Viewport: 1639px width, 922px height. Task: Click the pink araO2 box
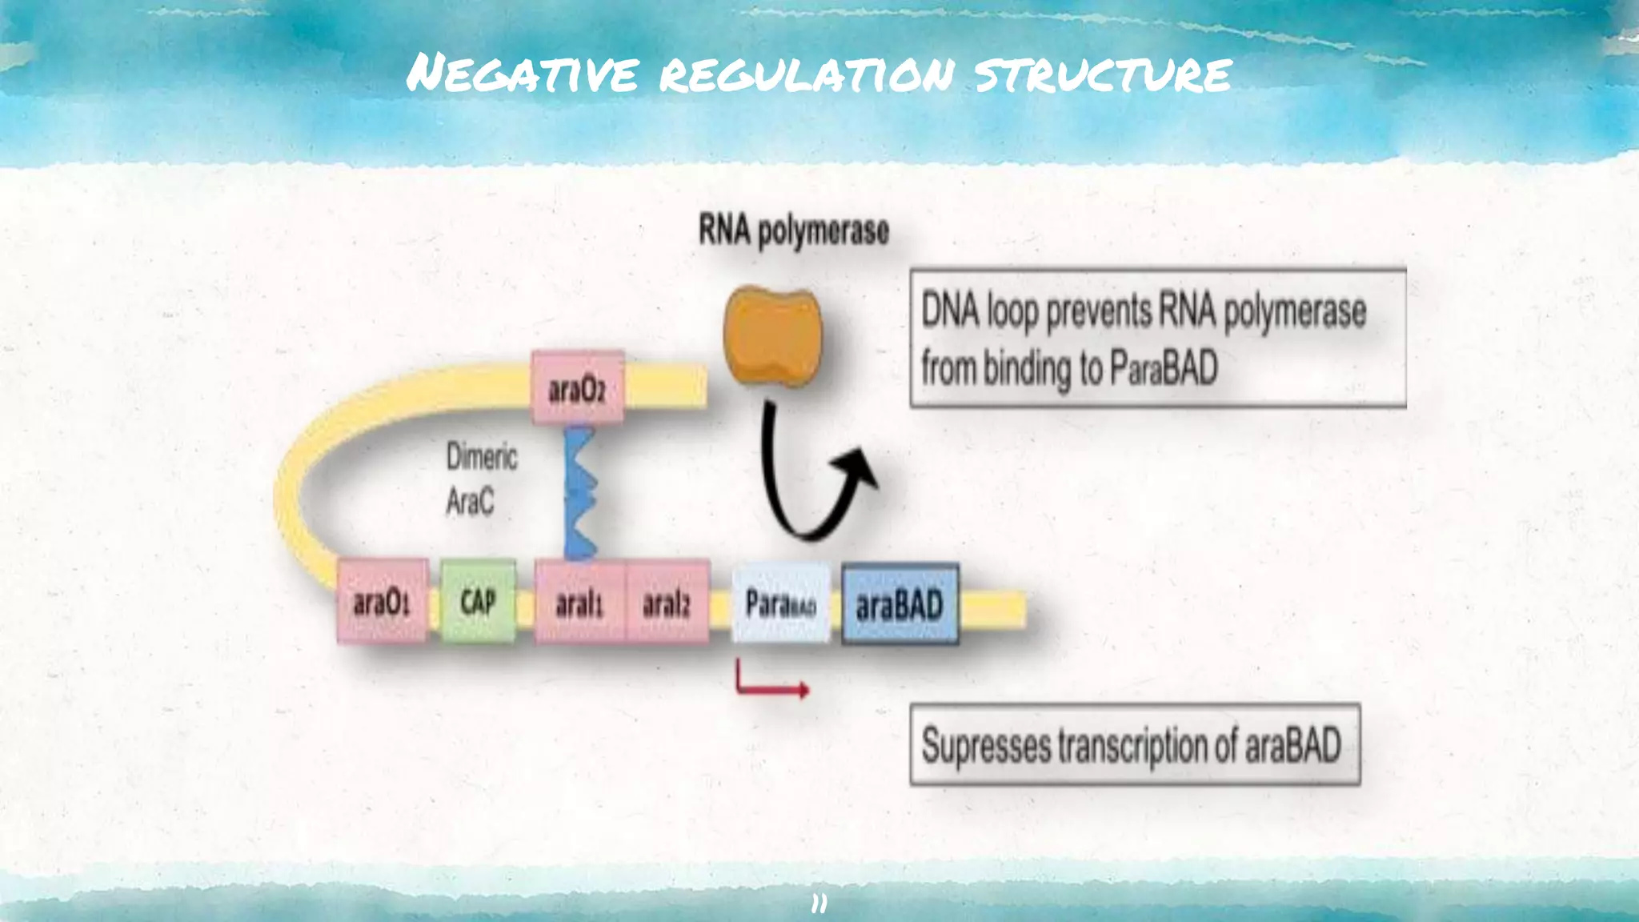[x=577, y=387]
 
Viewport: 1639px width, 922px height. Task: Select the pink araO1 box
[x=382, y=601]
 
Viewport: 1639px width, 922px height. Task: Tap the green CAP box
[x=478, y=601]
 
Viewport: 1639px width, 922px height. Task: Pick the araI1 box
[x=579, y=602]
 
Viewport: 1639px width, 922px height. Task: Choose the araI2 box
[x=667, y=602]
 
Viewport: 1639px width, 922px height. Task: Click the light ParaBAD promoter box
[x=780, y=602]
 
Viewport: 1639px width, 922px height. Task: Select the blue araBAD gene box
[x=900, y=603]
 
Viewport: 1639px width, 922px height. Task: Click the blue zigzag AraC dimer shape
[x=580, y=492]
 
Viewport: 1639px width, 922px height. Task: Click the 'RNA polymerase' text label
[x=793, y=230]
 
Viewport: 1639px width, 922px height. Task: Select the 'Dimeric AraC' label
[x=480, y=479]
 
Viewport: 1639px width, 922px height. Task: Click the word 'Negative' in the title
[x=522, y=74]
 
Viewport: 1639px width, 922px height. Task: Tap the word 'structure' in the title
[x=1103, y=74]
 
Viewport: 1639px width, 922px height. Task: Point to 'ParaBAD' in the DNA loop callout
[x=1164, y=368]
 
